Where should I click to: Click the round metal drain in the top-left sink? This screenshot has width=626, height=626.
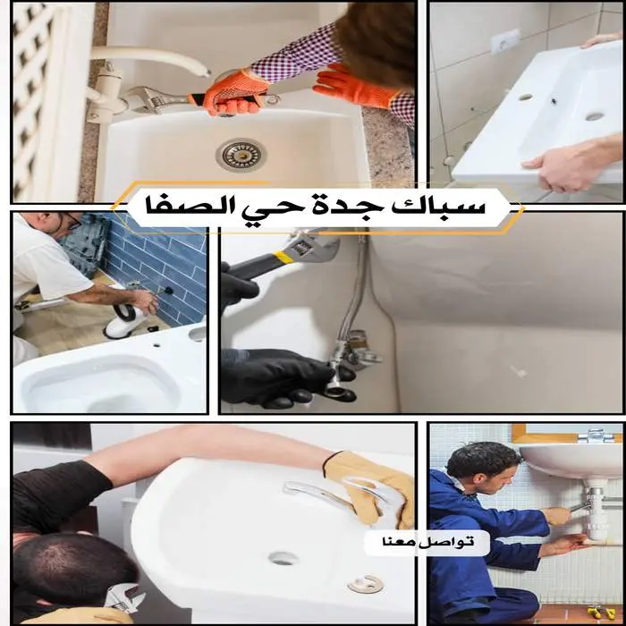coord(241,155)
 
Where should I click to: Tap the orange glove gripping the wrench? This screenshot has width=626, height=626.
coord(235,93)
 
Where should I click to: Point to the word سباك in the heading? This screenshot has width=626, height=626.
coord(447,207)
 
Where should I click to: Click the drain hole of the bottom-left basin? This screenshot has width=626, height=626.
coord(283,559)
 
